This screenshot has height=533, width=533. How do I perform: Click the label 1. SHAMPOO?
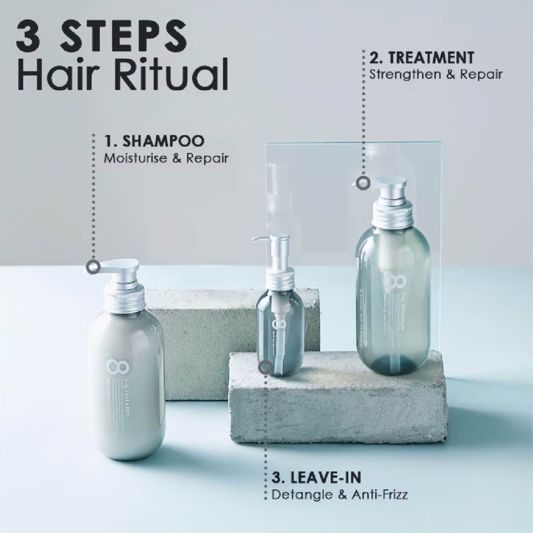pos(154,141)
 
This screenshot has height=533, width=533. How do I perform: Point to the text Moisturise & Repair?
pos(166,158)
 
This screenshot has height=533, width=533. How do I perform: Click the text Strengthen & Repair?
pos(436,74)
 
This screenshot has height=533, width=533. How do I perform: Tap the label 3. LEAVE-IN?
pos(316,477)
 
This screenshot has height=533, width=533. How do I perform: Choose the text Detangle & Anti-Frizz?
pos(339,494)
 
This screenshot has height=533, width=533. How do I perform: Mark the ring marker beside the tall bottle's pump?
pos(363,183)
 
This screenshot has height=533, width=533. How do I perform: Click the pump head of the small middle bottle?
pos(272,240)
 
